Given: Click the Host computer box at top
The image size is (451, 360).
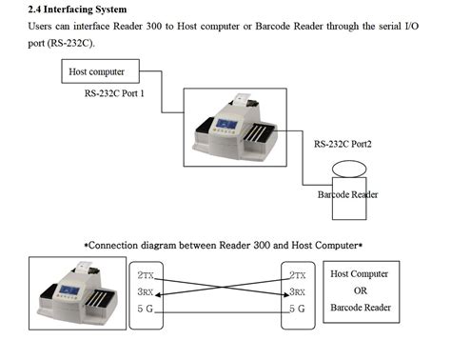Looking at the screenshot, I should click(x=102, y=71).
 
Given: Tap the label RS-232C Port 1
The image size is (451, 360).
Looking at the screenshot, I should click(x=122, y=95).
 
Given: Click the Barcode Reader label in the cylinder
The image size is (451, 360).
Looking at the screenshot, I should click(x=347, y=194).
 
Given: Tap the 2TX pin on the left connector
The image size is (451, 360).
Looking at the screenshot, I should click(x=148, y=275).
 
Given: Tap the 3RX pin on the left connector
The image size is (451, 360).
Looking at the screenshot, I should click(x=148, y=292).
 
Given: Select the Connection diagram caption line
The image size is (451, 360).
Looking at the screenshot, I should click(x=225, y=245).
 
